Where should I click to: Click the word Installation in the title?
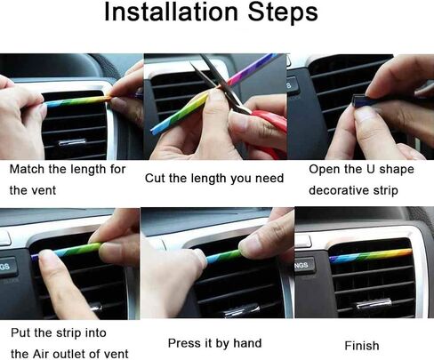[172, 12]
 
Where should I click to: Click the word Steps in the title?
[283, 13]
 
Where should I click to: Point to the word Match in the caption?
[28, 169]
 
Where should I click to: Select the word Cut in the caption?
[155, 179]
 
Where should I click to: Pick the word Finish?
[362, 346]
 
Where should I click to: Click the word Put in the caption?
[20, 332]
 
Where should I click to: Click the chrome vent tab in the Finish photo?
[373, 305]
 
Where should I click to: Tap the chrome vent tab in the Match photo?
[72, 142]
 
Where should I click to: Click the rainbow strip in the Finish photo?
[371, 255]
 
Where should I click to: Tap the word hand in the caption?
[247, 343]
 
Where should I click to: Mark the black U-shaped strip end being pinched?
[358, 100]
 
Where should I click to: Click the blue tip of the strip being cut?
[154, 131]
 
